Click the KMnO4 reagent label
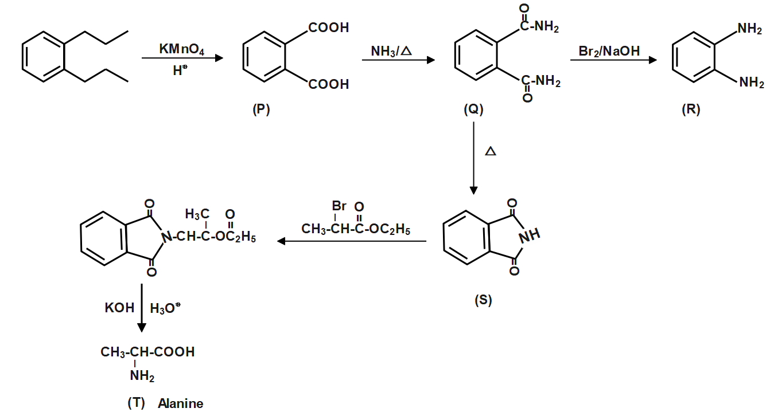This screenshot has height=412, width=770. [181, 50]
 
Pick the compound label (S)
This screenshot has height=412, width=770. [483, 300]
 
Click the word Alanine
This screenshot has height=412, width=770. [181, 403]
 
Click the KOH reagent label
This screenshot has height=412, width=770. [119, 308]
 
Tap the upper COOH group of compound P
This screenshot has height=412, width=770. [329, 28]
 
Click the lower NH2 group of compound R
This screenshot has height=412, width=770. [751, 84]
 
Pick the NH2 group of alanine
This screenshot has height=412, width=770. [142, 376]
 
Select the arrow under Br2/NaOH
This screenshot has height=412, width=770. [613, 59]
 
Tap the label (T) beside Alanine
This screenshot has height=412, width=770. [137, 403]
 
